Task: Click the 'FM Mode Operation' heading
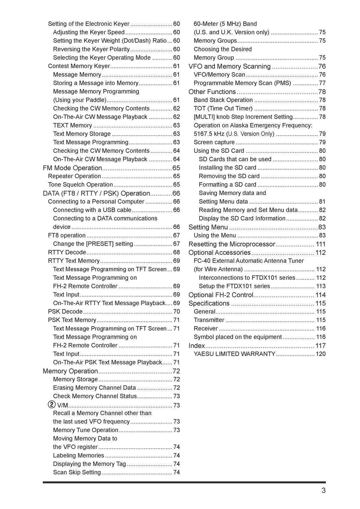[72, 168]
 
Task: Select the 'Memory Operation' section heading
[70, 371]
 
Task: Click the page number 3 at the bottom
[323, 491]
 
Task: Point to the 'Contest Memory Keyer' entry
[79, 66]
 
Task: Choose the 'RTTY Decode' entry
[67, 252]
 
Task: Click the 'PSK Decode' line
[65, 312]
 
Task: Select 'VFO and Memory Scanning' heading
[230, 66]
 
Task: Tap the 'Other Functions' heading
[212, 92]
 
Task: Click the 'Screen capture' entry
[214, 142]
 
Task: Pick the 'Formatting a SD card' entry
[227, 185]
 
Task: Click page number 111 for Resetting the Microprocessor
[321, 244]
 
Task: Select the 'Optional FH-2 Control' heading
[221, 295]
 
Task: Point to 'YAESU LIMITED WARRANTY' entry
[234, 354]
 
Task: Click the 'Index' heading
[197, 346]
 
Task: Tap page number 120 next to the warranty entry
[321, 354]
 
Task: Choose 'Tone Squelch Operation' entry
[81, 185]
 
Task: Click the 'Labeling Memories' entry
[79, 456]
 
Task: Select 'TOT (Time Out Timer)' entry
[223, 109]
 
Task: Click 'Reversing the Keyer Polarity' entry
[91, 49]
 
